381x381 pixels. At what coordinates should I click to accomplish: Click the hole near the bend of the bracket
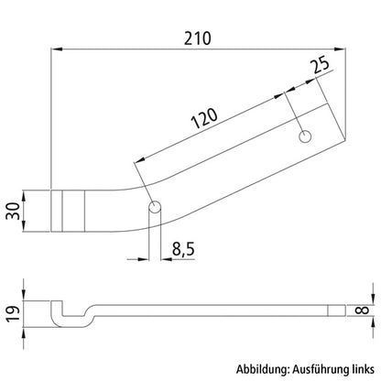(x=155, y=204)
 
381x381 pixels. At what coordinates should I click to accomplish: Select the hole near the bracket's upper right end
(x=305, y=136)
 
